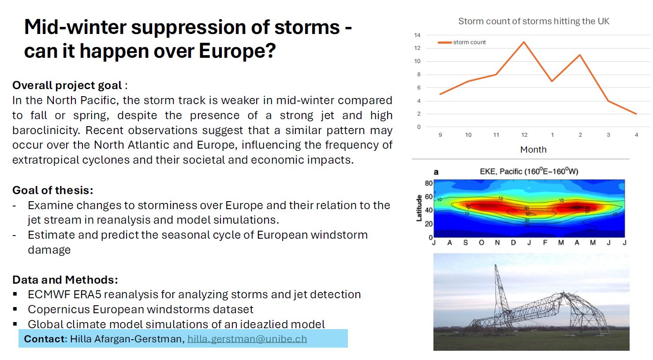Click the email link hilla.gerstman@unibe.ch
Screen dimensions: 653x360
tap(247, 339)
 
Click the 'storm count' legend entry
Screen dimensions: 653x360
tap(462, 42)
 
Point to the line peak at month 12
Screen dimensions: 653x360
tap(524, 42)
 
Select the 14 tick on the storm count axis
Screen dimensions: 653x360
tap(418, 35)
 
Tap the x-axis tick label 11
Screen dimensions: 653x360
tap(496, 135)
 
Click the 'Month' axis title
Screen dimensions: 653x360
tap(533, 150)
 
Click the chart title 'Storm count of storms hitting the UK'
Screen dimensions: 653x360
tap(534, 21)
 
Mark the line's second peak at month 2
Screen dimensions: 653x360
tap(580, 55)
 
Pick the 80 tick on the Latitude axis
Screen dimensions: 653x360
tap(429, 183)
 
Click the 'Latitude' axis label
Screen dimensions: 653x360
tap(419, 208)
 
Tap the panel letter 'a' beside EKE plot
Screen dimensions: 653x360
tap(436, 172)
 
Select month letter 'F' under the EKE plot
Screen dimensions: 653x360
tap(545, 243)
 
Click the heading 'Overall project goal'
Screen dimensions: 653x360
tap(67, 85)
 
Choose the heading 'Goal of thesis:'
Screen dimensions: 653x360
tap(53, 190)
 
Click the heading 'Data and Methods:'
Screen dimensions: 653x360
tap(65, 280)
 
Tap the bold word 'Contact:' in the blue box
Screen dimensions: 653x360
tap(45, 339)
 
